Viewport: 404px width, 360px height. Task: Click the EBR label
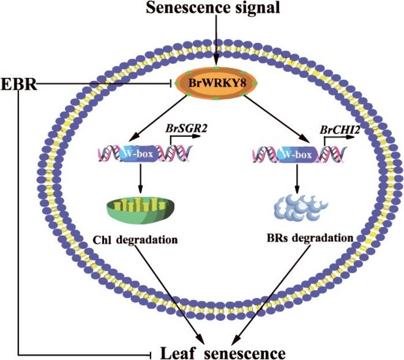18,85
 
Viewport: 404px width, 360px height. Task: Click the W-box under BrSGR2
138,154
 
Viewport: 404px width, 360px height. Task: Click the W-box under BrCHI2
297,154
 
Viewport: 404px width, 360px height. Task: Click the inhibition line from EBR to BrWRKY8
104,84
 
